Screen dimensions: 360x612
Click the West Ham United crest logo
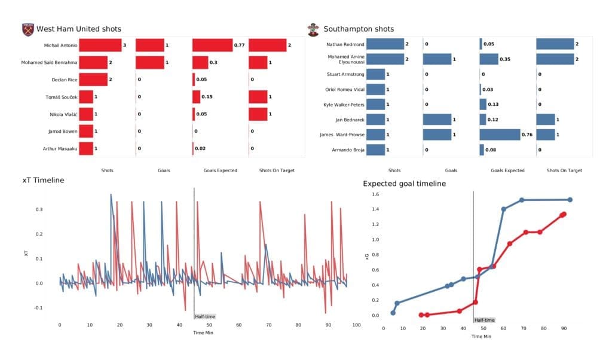pyautogui.click(x=27, y=29)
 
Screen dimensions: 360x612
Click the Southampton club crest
pyautogui.click(x=313, y=29)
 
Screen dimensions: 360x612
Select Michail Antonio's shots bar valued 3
pyautogui.click(x=100, y=45)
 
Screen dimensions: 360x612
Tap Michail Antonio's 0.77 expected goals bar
pyautogui.click(x=212, y=45)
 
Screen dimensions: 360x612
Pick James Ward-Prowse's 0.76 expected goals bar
pyautogui.click(x=500, y=135)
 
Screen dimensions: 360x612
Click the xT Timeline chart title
pyautogui.click(x=43, y=180)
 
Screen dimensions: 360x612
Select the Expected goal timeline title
pyautogui.click(x=404, y=184)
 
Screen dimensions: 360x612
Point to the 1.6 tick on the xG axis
pyautogui.click(x=375, y=194)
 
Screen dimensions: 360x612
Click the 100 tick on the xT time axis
pyautogui.click(x=356, y=325)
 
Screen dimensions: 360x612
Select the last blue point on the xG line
pyautogui.click(x=570, y=200)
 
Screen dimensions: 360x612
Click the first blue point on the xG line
pyautogui.click(x=393, y=313)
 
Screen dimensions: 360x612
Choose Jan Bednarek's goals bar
pyautogui.click(x=436, y=120)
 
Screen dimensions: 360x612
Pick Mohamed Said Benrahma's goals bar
pyautogui.click(x=149, y=63)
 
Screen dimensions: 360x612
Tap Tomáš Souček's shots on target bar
pyautogui.click(x=258, y=97)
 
